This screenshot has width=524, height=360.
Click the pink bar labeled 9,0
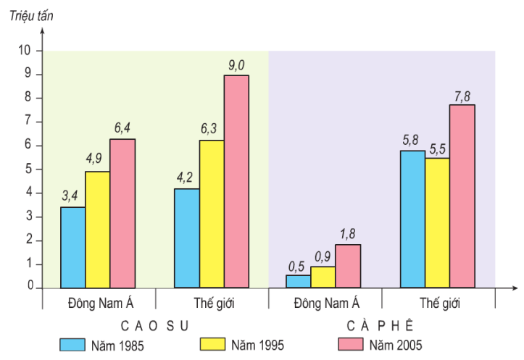236,181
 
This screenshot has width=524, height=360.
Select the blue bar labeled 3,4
73,248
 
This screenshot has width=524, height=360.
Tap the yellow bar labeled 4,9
98,230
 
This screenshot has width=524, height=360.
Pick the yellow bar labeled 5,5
437,222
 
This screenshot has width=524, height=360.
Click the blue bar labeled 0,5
298,281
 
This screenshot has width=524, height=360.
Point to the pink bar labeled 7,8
462,196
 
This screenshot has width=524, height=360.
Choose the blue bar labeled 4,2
187,238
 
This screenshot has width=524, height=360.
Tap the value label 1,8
348,234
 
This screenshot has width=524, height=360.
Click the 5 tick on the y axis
30,169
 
